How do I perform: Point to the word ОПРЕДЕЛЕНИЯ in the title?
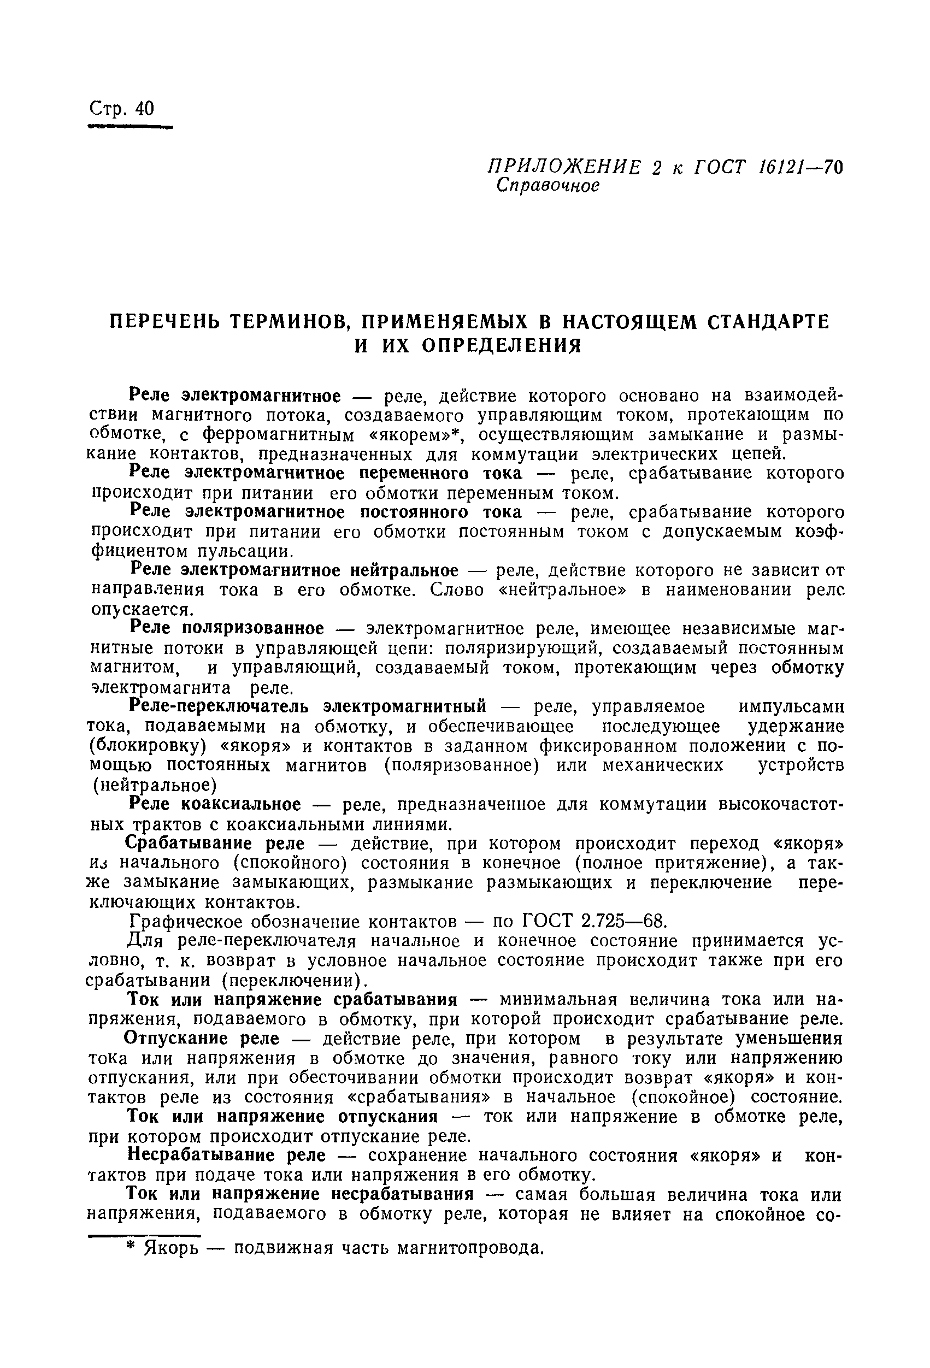(501, 345)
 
